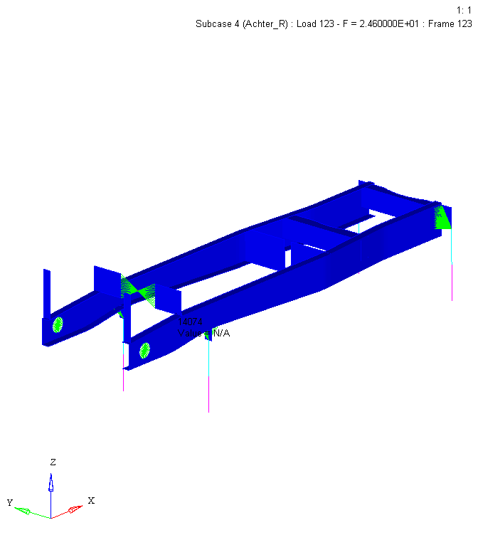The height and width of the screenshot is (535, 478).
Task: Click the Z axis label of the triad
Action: (52, 462)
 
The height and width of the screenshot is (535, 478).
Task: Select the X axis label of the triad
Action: (91, 500)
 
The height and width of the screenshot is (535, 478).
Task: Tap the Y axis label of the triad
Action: (10, 503)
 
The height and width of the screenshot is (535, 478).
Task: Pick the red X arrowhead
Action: (75, 509)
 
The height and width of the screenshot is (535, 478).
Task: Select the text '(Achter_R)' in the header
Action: (263, 23)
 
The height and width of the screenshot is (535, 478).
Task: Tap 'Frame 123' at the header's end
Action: (451, 23)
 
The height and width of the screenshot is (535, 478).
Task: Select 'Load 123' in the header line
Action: (316, 23)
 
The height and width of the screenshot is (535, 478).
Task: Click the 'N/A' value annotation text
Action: (221, 333)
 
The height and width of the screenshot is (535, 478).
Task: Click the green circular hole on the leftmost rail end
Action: (58, 324)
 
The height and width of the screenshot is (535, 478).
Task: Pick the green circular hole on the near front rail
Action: (144, 349)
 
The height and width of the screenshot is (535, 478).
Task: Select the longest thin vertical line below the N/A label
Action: (208, 377)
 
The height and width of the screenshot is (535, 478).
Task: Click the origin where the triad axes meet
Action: (51, 517)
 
